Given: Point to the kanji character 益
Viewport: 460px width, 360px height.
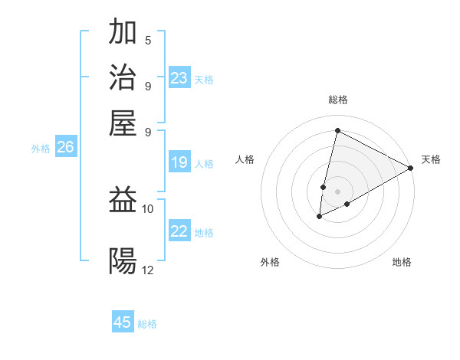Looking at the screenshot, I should click(123, 200).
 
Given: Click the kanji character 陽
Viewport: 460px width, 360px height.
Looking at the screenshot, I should click(123, 261).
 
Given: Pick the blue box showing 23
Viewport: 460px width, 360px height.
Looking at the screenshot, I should click(179, 78).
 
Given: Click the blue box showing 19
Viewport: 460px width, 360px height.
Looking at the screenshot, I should click(179, 162).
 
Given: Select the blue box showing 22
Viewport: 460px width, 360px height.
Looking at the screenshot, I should click(179, 232).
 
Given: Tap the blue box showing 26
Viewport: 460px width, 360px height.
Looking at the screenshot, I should click(65, 148).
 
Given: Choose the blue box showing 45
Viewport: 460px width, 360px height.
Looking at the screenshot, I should click(123, 322).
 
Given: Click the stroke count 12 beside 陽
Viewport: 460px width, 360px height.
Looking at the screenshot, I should click(147, 270).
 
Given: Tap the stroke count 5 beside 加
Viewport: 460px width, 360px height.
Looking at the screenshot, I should click(147, 41).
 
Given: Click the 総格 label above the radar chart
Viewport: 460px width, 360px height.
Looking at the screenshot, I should click(337, 100).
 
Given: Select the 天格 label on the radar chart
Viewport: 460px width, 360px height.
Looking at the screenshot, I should click(431, 159).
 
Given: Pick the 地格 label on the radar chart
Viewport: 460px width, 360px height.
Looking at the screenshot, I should click(402, 262).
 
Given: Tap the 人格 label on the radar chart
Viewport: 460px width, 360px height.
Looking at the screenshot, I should click(245, 159).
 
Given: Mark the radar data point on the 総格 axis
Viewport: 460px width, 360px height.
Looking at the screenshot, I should click(337, 131).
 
